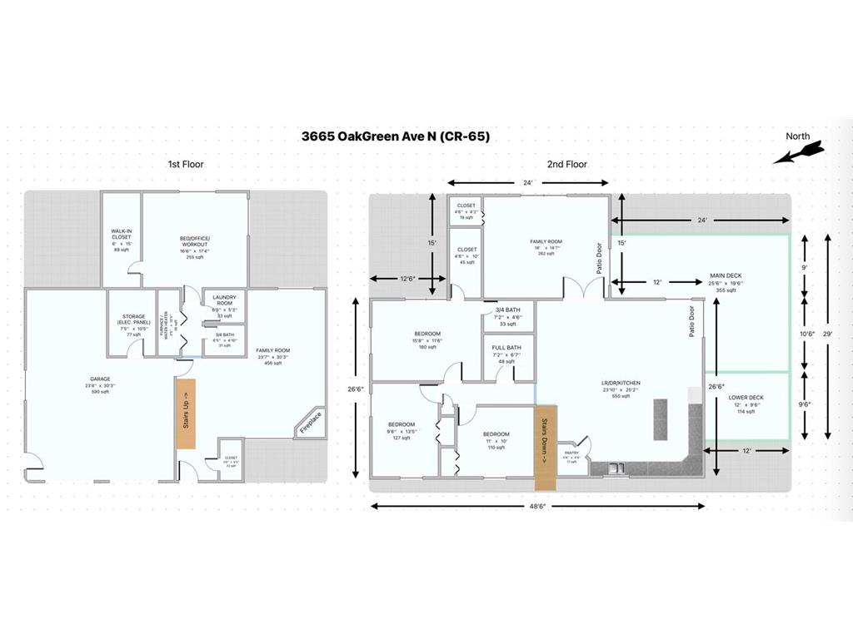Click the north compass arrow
click(798, 151)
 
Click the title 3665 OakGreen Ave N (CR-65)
click(395, 136)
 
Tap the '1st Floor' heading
click(186, 164)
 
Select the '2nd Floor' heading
click(566, 164)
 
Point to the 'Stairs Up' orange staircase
click(185, 414)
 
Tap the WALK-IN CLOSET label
click(121, 235)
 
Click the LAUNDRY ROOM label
click(224, 300)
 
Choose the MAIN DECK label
click(726, 275)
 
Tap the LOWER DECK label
click(746, 398)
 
